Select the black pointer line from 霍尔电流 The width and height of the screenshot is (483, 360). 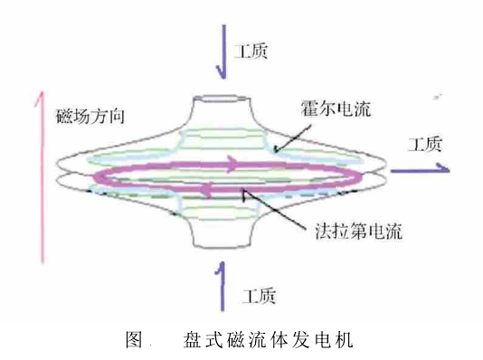(290, 137)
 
